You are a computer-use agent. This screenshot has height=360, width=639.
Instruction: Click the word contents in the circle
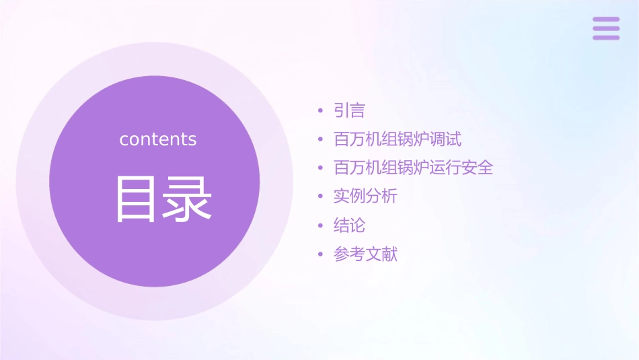point(158,139)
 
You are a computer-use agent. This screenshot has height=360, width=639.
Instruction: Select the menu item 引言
point(349,110)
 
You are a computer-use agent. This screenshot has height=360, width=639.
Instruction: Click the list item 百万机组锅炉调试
point(398,139)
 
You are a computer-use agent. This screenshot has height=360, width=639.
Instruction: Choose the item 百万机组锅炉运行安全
point(413,168)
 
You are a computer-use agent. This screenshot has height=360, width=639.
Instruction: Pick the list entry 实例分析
point(365,196)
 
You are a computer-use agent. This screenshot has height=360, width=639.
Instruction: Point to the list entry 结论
point(349,225)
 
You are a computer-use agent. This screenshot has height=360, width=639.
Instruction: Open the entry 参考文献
point(365,254)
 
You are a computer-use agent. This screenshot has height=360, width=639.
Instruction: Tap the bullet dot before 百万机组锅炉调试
point(320,140)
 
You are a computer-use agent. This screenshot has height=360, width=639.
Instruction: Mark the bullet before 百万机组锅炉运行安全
point(320,168)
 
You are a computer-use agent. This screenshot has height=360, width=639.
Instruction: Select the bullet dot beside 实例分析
point(320,197)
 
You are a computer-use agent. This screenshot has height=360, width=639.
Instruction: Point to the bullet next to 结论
point(320,226)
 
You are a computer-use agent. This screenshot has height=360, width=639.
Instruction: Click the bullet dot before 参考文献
point(320,255)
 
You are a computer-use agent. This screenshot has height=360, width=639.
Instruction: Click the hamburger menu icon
point(606,28)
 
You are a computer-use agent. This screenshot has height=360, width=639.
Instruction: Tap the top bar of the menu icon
point(606,20)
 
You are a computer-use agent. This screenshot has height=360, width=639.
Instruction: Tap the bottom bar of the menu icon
point(606,37)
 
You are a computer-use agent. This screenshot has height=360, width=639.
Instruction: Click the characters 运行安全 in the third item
point(461,168)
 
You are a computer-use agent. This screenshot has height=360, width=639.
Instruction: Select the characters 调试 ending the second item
point(445,139)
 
